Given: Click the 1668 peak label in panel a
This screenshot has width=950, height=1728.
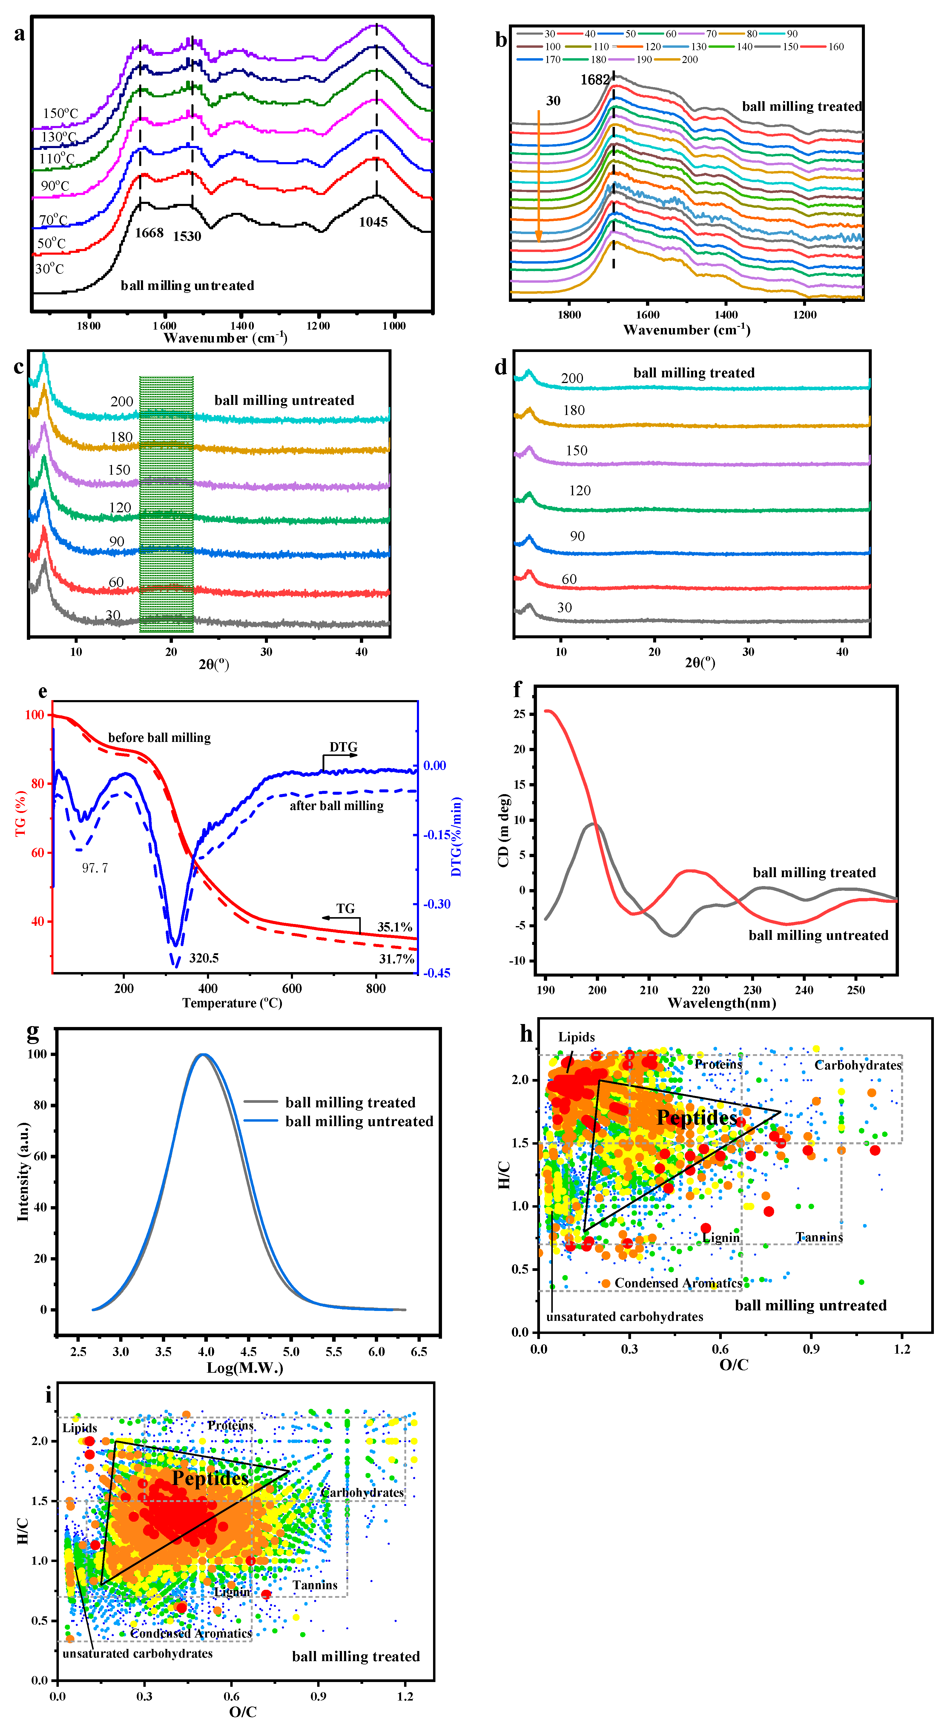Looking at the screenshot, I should (149, 233).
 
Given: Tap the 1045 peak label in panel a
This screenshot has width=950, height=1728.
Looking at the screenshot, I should (373, 222).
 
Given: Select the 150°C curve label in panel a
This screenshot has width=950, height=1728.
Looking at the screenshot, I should (60, 113).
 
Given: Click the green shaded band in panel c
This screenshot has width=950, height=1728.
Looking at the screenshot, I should (166, 503).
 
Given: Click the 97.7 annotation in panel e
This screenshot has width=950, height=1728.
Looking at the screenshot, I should (95, 868).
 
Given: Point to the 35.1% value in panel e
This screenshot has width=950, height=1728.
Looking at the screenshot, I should (395, 927).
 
